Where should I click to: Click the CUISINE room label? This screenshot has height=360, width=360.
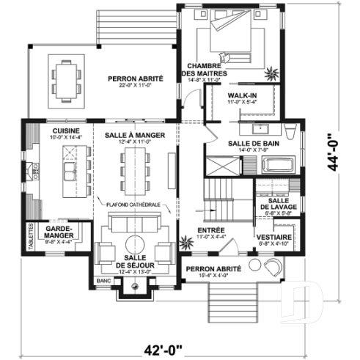coord(50,126)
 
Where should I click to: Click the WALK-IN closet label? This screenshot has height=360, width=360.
coord(240,96)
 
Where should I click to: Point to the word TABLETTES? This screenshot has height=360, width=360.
coord(31,236)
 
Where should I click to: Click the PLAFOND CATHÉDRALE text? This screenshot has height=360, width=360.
coord(133,204)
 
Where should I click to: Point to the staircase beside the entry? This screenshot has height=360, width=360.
coord(222,196)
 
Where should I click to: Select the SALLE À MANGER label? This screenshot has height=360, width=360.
coord(133,136)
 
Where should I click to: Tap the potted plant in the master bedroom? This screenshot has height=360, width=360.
coord(273,72)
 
